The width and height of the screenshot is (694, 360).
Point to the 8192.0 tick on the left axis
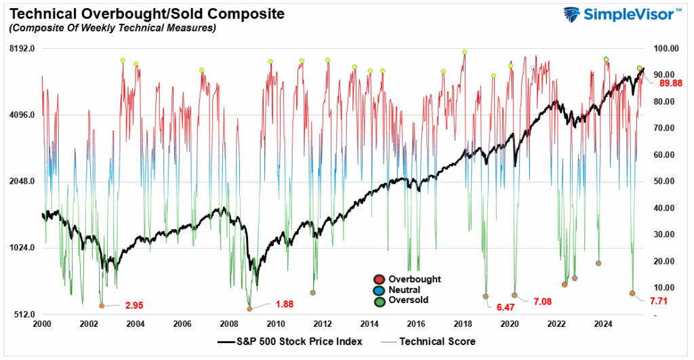click(x=22, y=49)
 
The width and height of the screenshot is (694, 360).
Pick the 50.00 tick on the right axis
click(x=664, y=182)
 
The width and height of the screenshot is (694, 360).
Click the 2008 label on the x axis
click(x=229, y=325)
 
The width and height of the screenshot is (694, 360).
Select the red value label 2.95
click(x=134, y=305)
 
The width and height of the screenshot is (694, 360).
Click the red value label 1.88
click(x=284, y=304)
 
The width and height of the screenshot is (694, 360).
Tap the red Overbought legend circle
click(x=379, y=279)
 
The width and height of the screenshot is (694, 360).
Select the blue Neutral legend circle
click(x=379, y=289)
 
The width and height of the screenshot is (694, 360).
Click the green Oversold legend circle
click(x=379, y=300)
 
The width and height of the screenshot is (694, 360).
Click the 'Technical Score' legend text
click(x=438, y=342)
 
